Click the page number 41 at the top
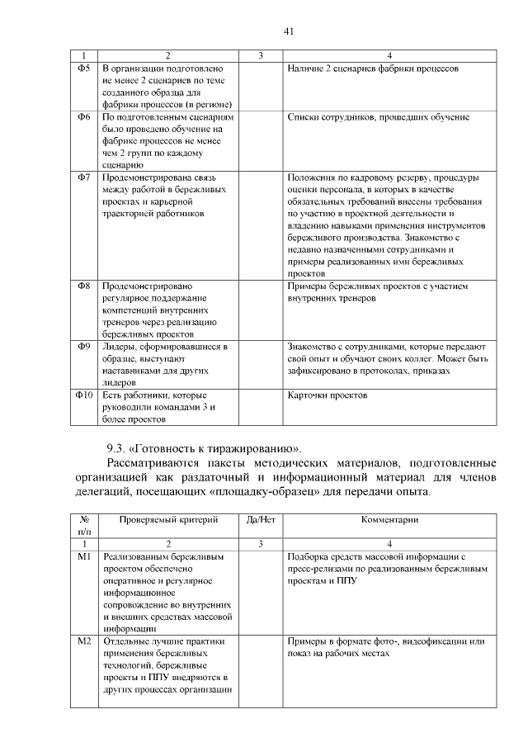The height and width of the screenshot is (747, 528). click(289, 31)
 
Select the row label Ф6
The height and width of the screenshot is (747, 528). click(83, 117)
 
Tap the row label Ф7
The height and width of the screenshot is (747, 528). click(83, 177)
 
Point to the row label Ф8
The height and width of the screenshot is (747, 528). click(83, 286)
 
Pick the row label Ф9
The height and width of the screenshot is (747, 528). click(83, 347)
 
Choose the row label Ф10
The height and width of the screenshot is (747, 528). click(83, 395)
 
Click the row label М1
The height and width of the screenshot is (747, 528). click(83, 557)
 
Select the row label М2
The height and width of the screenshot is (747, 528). click(83, 641)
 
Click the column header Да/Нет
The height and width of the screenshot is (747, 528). click(260, 520)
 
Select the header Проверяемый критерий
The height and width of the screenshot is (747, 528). click(168, 520)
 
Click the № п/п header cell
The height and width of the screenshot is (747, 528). click(83, 526)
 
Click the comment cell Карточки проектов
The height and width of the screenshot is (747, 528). click(327, 395)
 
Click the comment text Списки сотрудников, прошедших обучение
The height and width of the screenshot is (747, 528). click(379, 117)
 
